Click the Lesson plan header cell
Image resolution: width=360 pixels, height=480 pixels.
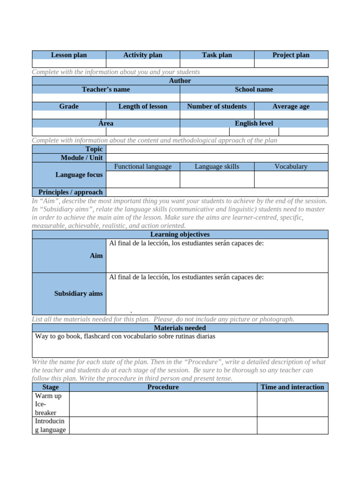click(69, 55)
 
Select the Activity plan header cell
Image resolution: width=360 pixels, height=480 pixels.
click(143, 55)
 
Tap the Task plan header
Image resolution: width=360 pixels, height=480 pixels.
click(217, 55)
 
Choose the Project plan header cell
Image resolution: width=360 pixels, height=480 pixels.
click(291, 55)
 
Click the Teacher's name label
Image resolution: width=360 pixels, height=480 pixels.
click(106, 89)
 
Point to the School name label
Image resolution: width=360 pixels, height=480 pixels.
click(254, 89)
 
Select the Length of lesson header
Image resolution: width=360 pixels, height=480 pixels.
click(143, 106)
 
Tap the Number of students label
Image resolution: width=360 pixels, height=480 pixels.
click(217, 106)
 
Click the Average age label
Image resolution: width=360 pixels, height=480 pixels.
click(291, 106)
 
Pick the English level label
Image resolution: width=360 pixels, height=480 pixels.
click(254, 123)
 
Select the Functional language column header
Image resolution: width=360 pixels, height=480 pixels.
click(143, 166)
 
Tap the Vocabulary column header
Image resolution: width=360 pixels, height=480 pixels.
click(291, 166)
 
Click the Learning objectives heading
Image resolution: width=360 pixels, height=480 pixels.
click(180, 234)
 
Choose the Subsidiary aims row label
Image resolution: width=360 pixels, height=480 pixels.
click(78, 293)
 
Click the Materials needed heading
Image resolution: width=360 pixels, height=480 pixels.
click(180, 328)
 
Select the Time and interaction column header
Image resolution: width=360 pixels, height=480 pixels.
click(292, 387)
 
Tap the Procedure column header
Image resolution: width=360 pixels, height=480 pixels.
click(163, 387)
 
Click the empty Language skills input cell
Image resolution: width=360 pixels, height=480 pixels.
click(217, 179)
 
